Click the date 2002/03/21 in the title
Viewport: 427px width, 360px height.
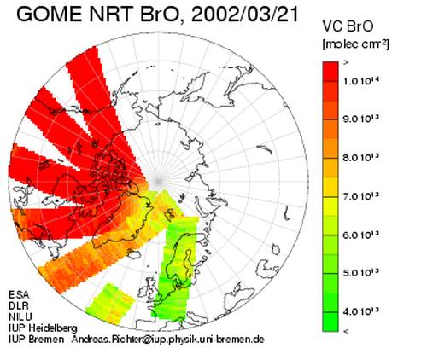[245, 15]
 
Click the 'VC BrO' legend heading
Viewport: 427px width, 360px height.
[348, 26]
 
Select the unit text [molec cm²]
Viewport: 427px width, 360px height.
[355, 44]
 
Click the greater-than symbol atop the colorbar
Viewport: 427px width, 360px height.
[346, 63]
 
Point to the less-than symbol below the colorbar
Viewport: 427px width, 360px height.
[346, 331]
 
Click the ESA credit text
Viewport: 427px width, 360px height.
[19, 294]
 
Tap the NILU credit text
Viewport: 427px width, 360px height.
[20, 316]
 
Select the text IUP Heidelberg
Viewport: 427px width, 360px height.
[43, 328]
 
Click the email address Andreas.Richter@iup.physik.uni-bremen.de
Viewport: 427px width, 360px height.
[168, 340]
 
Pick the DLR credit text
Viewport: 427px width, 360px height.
[19, 305]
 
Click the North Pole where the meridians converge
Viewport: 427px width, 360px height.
[158, 181]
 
